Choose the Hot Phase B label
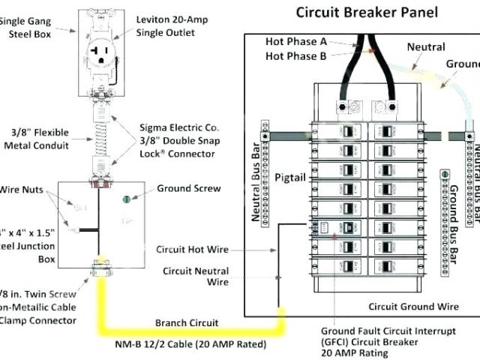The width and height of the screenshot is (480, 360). click(296, 55)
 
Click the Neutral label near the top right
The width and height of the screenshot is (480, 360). click(426, 46)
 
